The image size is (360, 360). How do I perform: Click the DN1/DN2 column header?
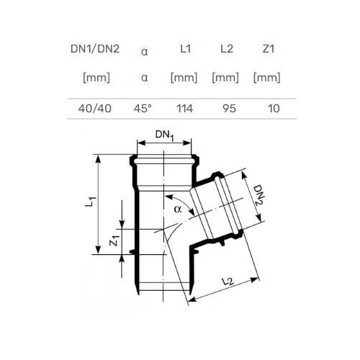95,49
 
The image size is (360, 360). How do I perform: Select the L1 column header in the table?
186,49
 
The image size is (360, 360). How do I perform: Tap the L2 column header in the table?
227,49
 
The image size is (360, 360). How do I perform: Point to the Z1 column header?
269,49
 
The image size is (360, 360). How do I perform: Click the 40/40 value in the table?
95,109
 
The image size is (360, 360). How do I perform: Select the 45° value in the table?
143,109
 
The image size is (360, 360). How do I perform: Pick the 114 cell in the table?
185,109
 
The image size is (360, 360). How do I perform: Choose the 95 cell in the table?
229,109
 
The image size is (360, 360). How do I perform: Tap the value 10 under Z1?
274,109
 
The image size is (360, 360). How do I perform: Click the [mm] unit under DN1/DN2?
96,78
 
